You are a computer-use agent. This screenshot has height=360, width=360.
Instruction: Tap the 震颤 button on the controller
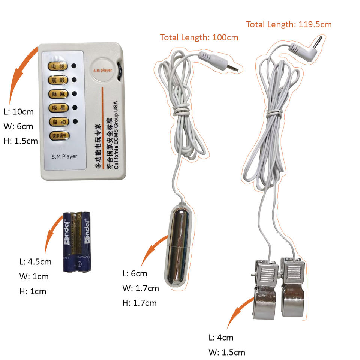(x=58, y=79)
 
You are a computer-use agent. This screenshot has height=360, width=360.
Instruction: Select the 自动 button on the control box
(x=58, y=121)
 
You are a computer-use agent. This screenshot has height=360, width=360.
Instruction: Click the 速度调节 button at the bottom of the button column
(x=59, y=135)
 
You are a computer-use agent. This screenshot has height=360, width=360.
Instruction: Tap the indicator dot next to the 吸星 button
(x=74, y=108)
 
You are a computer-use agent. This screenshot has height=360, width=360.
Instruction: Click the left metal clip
(x=266, y=289)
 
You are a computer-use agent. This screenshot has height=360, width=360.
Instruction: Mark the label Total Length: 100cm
(x=199, y=37)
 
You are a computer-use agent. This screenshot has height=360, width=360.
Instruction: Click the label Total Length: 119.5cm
(x=289, y=24)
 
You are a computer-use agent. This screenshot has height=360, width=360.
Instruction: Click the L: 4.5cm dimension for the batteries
(x=35, y=261)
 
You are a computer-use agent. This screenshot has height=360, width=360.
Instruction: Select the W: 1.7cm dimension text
(x=141, y=288)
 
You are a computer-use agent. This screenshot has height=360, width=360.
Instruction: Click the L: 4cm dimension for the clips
(x=221, y=337)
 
